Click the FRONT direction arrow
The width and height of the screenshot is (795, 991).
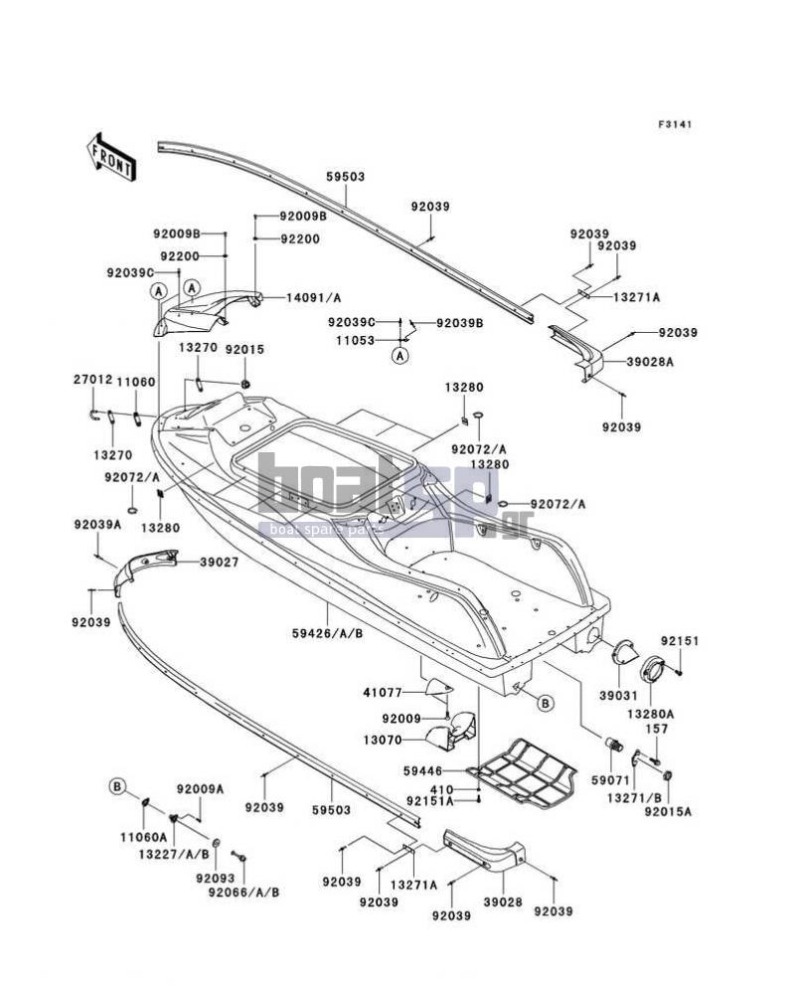[x=112, y=159]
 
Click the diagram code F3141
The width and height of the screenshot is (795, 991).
[x=675, y=124]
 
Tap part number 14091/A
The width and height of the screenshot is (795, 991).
[x=313, y=297]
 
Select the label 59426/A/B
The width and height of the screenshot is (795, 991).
[x=327, y=632]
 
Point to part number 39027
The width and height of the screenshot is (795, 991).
[x=220, y=562]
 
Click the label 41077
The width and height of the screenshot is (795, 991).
[x=384, y=692]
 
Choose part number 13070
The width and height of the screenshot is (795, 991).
[x=383, y=740]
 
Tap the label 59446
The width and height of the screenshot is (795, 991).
[x=422, y=771]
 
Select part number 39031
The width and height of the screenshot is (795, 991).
[x=619, y=696]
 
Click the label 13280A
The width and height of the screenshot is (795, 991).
[x=650, y=714]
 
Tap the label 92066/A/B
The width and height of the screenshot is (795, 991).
[x=243, y=893]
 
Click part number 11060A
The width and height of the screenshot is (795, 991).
[x=144, y=837]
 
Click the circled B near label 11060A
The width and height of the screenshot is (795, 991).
[x=117, y=787]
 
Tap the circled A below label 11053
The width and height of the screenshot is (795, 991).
[x=399, y=356]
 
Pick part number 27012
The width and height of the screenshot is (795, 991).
[x=92, y=380]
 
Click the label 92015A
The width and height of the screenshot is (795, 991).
[x=668, y=811]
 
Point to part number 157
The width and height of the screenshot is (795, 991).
[x=657, y=730]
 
